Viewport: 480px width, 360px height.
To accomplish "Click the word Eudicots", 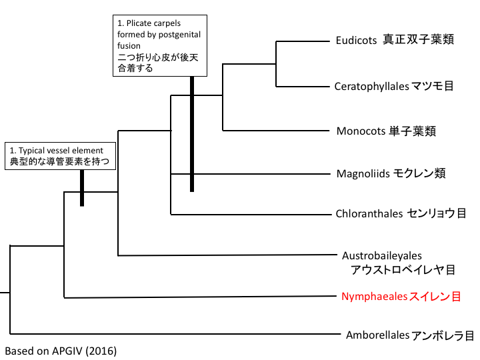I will (357, 40).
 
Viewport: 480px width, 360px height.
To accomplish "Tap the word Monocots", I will (361, 131).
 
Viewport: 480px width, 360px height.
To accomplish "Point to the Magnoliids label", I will (364, 174).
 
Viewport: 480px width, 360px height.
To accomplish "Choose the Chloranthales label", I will (370, 214).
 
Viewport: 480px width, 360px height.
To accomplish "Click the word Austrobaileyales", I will (382, 255).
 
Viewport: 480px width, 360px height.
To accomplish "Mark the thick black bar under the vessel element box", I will (81, 188).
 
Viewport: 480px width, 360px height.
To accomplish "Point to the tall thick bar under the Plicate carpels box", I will (191, 133).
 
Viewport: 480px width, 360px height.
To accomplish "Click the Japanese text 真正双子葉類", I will (419, 40).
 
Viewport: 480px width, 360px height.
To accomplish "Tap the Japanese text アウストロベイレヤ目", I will (403, 269).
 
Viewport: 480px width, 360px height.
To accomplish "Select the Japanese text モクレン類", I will (418, 174).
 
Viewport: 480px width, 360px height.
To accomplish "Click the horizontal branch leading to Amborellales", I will (173, 333).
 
